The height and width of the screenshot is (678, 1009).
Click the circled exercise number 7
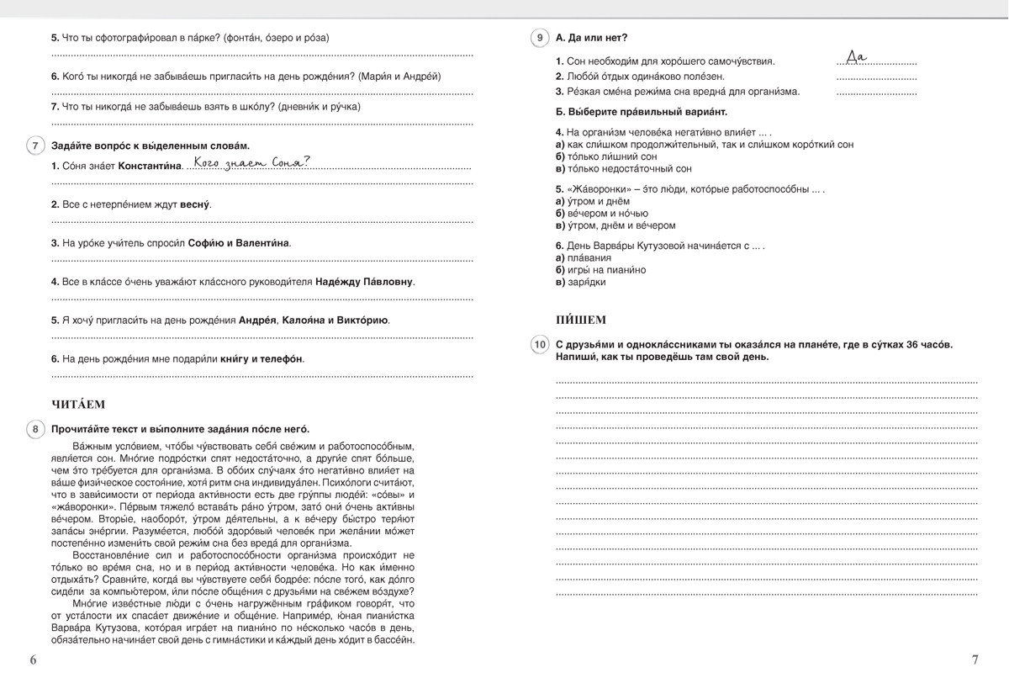[34, 146]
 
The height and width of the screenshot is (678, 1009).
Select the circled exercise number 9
[539, 38]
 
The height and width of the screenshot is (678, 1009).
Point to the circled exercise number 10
[539, 345]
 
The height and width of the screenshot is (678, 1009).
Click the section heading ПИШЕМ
[581, 320]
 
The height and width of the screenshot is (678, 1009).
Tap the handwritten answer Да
[855, 57]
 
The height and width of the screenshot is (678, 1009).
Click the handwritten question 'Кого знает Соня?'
[251, 163]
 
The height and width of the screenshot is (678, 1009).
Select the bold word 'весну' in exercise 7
[196, 204]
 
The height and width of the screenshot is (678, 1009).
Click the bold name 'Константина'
[150, 167]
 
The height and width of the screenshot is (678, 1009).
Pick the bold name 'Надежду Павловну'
[365, 282]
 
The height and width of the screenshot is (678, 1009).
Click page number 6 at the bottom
[33, 659]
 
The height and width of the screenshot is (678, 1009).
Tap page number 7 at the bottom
[975, 659]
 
